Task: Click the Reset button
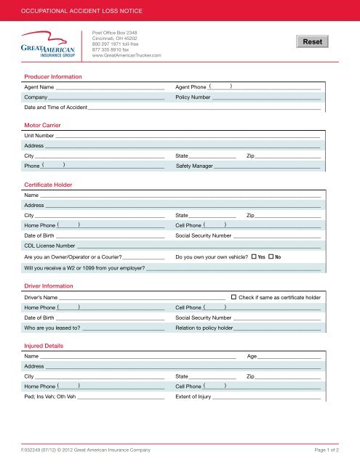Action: pos(312,43)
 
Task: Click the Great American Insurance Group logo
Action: pos(47,45)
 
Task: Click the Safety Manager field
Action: pos(268,166)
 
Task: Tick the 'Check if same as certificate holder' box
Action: pos(233,297)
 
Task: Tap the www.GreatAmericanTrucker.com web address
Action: pos(124,55)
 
